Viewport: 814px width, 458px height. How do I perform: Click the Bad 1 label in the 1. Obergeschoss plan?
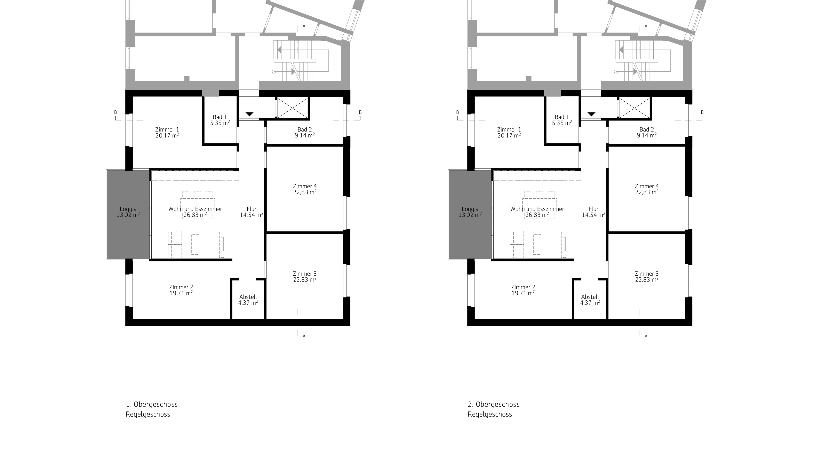[x=220, y=117]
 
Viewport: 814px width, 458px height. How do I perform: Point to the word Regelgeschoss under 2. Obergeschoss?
[x=490, y=414]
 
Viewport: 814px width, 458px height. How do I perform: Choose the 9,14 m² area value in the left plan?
[x=305, y=135]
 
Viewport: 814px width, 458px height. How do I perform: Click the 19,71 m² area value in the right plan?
[x=523, y=293]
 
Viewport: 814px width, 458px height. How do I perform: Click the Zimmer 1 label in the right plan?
[x=509, y=130]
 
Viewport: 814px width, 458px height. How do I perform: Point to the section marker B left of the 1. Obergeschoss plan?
[x=116, y=112]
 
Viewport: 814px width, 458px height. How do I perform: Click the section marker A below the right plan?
[x=646, y=336]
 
